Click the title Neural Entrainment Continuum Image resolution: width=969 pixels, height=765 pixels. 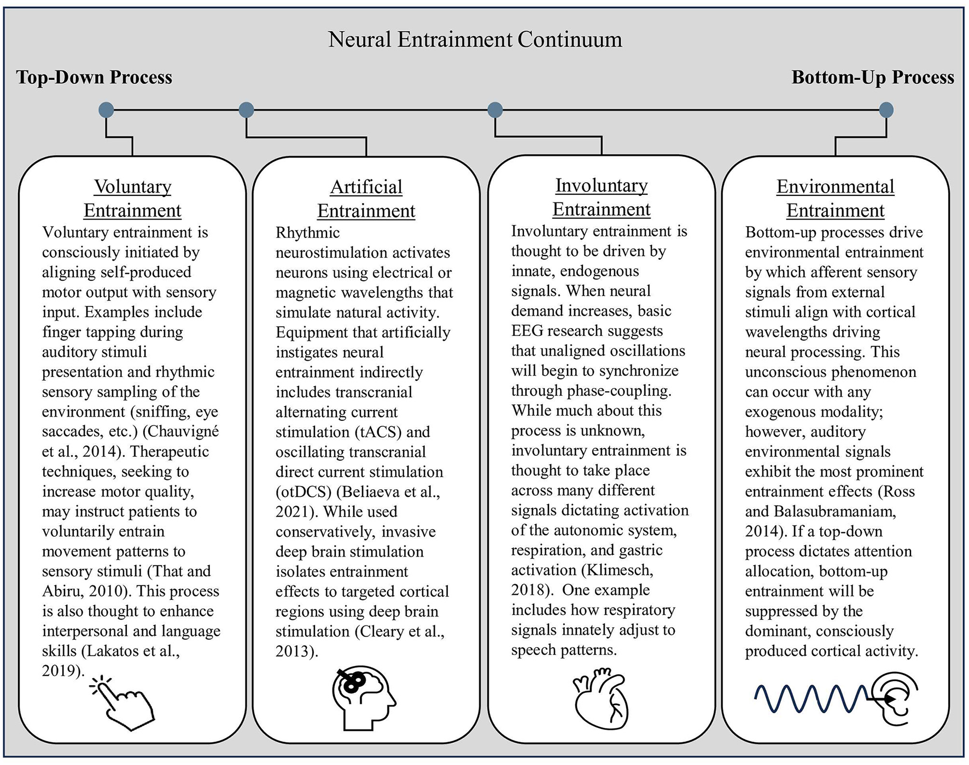tap(475, 39)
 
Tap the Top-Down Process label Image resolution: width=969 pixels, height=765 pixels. tap(94, 77)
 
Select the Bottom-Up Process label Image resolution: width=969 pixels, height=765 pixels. tap(872, 77)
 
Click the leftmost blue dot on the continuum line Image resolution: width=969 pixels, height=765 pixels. tap(106, 110)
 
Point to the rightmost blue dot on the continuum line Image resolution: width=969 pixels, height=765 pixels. tap(886, 110)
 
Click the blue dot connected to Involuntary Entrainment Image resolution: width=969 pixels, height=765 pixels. tap(495, 110)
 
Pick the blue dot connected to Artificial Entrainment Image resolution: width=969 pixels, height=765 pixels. tap(247, 110)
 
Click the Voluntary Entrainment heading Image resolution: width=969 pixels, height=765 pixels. tap(132, 198)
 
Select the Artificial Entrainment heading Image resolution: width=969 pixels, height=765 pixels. tap(366, 199)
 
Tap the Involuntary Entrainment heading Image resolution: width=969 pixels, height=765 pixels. tap(601, 197)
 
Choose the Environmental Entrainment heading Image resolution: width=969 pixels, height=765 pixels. tap(835, 198)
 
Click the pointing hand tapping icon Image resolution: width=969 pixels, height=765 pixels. tap(124, 704)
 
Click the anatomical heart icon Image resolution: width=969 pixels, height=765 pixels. tap(601, 700)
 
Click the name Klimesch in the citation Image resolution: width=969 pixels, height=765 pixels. tap(620, 570)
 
